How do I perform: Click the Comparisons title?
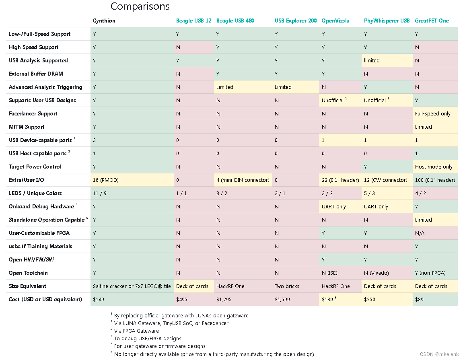[140, 6]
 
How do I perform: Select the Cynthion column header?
[104, 21]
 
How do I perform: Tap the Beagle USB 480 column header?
[235, 21]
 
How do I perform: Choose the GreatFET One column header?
[432, 21]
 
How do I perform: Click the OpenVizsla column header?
[335, 21]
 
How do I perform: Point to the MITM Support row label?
[27, 127]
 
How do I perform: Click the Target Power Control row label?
[35, 167]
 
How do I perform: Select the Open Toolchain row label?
[28, 273]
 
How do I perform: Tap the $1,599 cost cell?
[282, 299]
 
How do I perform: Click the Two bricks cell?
[287, 286]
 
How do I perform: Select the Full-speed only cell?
[433, 113]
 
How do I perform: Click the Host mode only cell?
[434, 167]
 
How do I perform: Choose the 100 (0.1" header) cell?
[435, 180]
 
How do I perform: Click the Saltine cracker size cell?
[132, 286]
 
